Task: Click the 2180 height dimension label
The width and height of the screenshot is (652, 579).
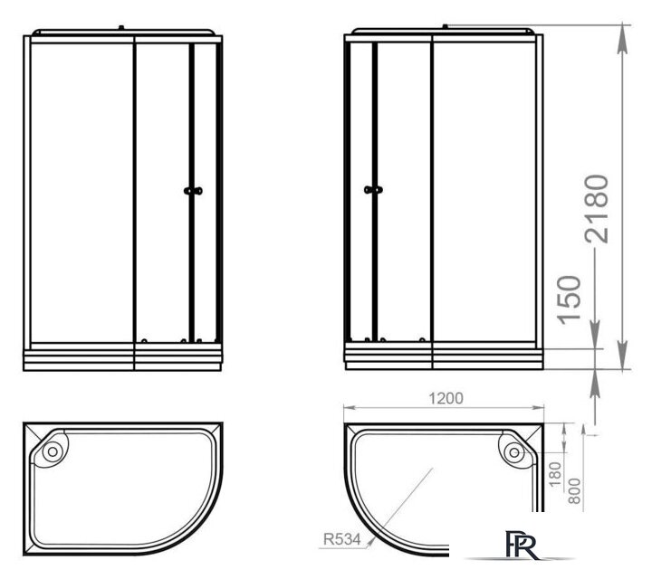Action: click(x=598, y=211)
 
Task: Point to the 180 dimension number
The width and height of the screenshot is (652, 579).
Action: click(x=556, y=470)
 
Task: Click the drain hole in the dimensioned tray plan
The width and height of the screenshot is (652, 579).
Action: click(x=513, y=449)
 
